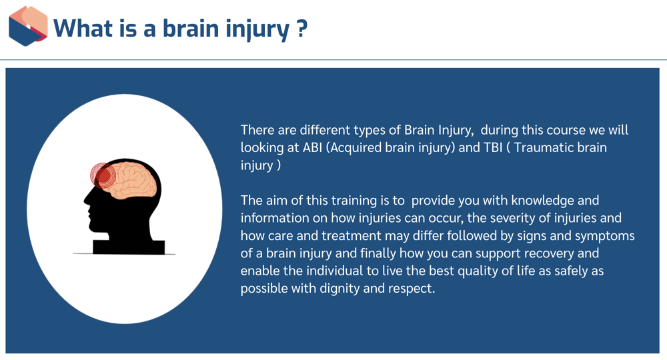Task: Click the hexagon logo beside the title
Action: [28, 26]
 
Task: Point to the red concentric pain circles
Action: [103, 175]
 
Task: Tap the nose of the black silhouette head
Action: [85, 199]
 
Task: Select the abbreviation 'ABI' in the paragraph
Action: [311, 147]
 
